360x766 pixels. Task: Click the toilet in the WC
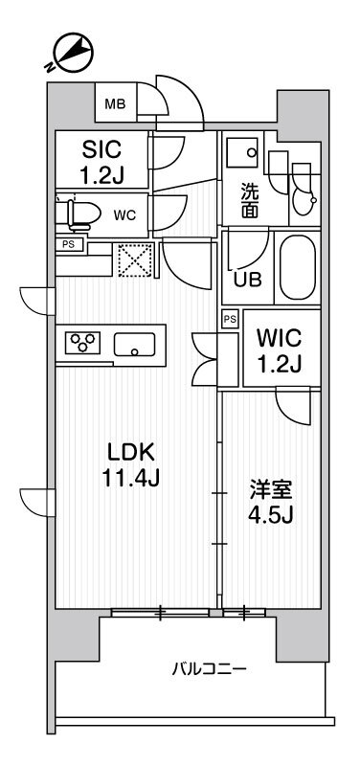tap(79, 214)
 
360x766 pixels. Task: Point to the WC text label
tap(124, 215)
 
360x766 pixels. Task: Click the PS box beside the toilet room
tap(69, 244)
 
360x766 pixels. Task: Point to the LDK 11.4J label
tap(125, 463)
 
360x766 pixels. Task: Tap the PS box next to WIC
tap(230, 319)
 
